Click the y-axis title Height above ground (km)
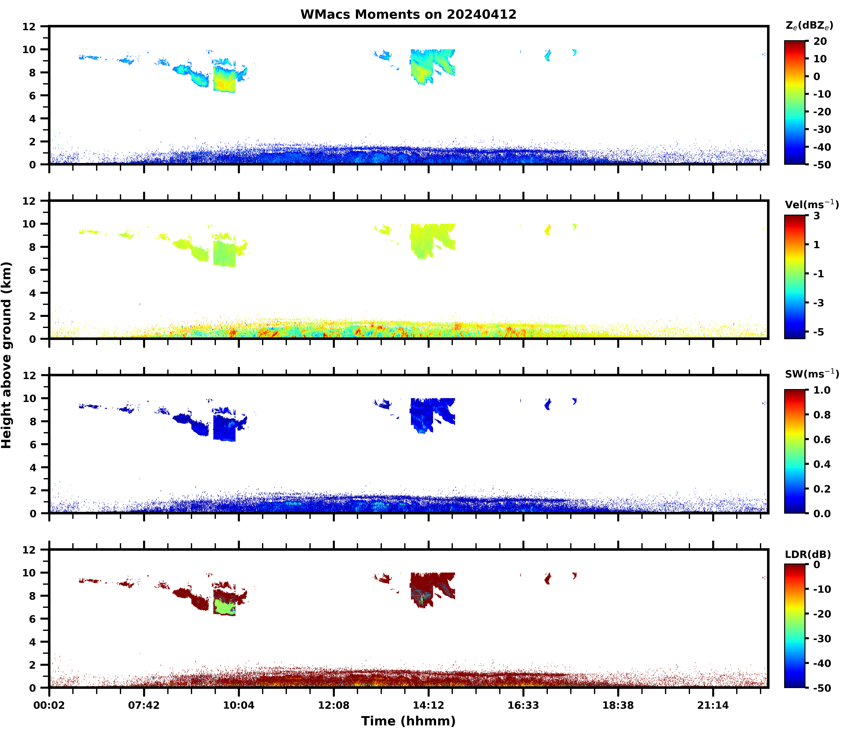(7, 355)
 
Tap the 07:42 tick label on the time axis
(144, 705)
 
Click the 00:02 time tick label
(49, 705)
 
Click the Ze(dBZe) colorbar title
(809, 25)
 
